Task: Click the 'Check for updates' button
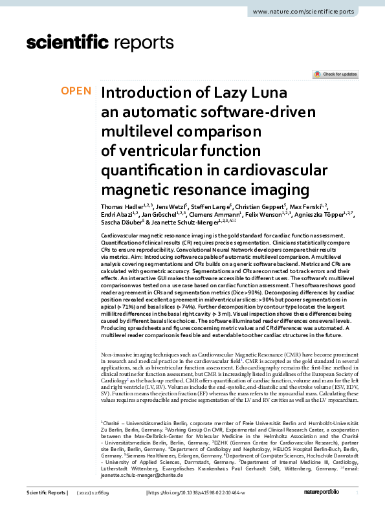335,74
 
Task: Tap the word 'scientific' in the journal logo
67,43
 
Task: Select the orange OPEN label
76,91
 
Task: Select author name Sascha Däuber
123,223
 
